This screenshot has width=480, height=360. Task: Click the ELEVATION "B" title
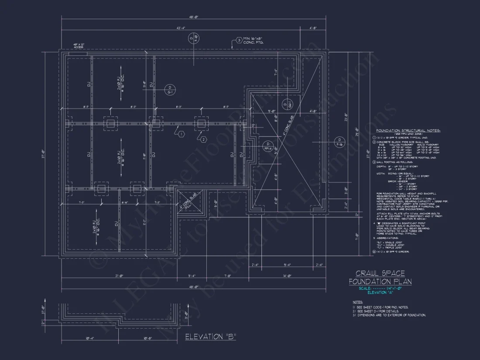click(210, 337)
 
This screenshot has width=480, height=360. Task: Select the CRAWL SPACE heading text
click(380, 274)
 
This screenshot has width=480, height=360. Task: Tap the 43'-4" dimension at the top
click(181, 28)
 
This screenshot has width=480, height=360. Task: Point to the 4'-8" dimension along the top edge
click(313, 28)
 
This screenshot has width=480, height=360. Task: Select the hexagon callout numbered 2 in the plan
click(203, 139)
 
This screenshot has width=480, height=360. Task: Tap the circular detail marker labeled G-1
click(170, 89)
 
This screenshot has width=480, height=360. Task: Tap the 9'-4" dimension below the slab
click(287, 265)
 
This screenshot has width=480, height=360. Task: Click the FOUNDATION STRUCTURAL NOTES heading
click(408, 130)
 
